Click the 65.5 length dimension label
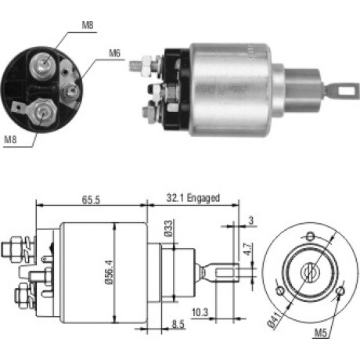(x=91, y=200)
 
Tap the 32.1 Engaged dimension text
(x=193, y=198)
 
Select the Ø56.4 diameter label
(x=110, y=272)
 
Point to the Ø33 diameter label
(x=168, y=229)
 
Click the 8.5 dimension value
(x=178, y=324)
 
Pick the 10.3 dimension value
(x=200, y=312)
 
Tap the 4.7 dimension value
(x=248, y=249)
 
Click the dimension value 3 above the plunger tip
(x=250, y=221)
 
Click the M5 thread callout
(x=321, y=333)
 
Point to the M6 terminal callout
(x=114, y=53)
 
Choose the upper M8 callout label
(x=88, y=25)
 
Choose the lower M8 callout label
(x=10, y=139)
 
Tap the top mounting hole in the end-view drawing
(x=310, y=236)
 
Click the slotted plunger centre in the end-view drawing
(x=309, y=272)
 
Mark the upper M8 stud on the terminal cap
(x=43, y=64)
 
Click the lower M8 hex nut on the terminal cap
(x=42, y=112)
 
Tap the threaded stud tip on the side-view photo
(x=135, y=66)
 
